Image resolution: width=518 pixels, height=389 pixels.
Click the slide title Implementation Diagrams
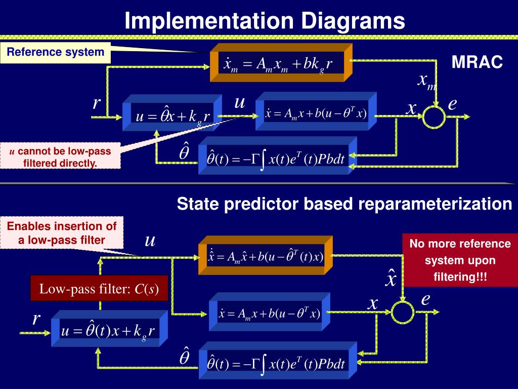point(265,21)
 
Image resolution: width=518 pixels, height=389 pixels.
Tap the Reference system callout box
point(56,52)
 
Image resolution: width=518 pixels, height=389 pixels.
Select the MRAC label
point(477,63)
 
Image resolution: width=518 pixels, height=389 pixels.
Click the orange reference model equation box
point(279,64)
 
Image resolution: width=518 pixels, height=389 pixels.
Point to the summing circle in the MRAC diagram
point(434,116)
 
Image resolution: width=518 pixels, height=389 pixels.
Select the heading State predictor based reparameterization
point(344,204)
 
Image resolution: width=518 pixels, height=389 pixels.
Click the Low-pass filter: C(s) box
point(99,290)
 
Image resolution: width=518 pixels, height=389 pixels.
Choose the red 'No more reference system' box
point(460,260)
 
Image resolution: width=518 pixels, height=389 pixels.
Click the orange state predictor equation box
point(265,256)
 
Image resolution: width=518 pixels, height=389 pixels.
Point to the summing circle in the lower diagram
point(403,310)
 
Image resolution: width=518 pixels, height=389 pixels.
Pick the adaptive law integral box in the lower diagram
point(276,363)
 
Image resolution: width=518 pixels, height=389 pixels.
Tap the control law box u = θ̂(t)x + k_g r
point(108,332)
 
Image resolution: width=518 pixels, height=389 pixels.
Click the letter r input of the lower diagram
point(36,319)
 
